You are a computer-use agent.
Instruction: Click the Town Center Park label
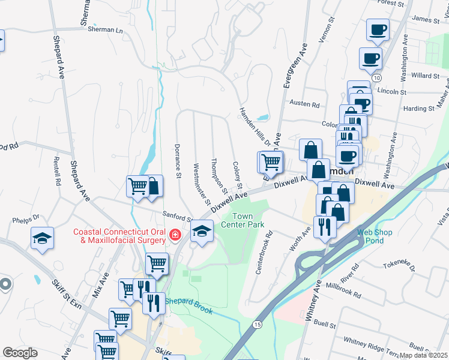[248, 220]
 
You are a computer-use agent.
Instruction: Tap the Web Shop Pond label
[370, 236]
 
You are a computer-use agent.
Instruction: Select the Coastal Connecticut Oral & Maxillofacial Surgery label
[119, 236]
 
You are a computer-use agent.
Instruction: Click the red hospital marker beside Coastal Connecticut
[175, 235]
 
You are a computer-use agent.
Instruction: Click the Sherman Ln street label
[105, 29]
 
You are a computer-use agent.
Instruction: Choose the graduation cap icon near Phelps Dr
[43, 238]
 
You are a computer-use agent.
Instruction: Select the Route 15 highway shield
[257, 324]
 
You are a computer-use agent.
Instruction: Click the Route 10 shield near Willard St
[376, 78]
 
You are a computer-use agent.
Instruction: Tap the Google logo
[20, 353]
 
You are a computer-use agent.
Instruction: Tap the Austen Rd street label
[304, 104]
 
